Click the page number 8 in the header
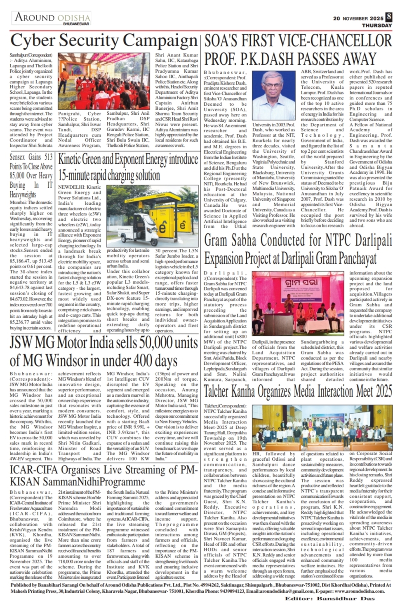coord(389,17)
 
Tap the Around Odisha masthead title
coord(52,17)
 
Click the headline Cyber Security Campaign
coord(104,41)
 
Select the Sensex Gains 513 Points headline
coord(31,175)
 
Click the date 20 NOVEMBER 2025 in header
coord(358,19)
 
